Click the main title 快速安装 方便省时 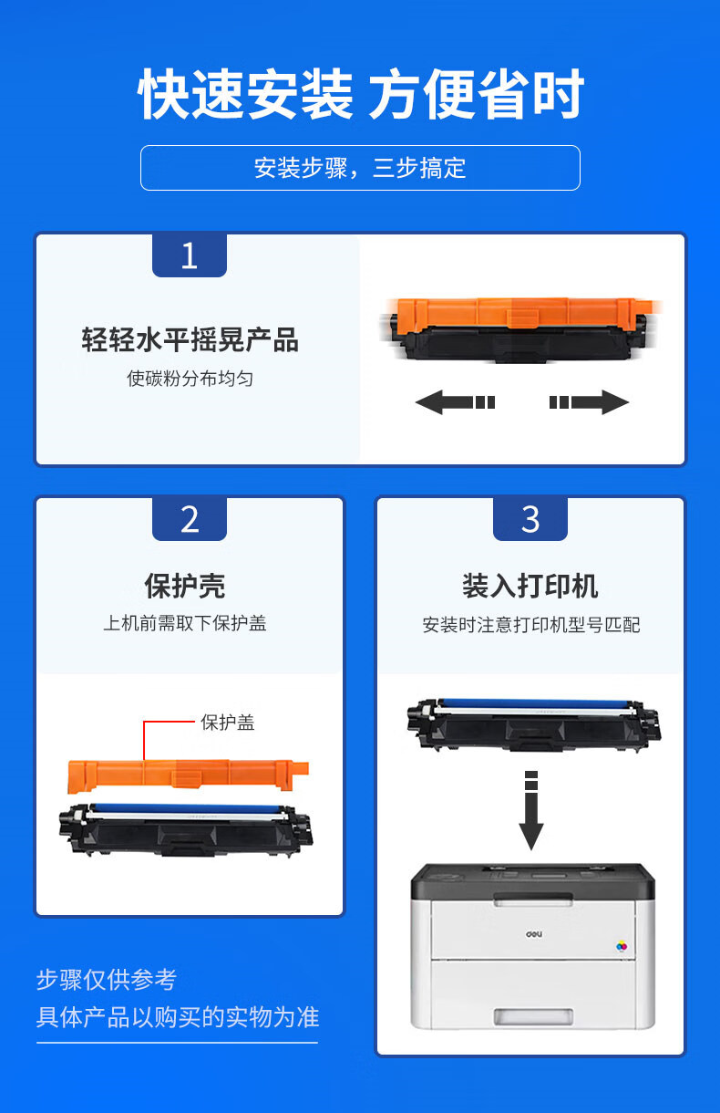(361, 94)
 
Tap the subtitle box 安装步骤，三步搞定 (360, 168)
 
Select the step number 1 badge (190, 255)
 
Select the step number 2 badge (190, 519)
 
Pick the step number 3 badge (530, 519)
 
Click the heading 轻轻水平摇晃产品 (190, 340)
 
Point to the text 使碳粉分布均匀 (190, 379)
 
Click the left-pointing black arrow (455, 402)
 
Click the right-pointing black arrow (589, 402)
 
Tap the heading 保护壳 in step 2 (185, 586)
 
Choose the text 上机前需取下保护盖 (185, 623)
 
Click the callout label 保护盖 (228, 723)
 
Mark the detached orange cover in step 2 (188, 775)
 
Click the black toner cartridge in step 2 (186, 829)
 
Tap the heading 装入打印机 (530, 586)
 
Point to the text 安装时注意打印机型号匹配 (530, 625)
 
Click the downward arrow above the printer (530, 810)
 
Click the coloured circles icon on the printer (622, 946)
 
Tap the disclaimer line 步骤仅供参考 (107, 979)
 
